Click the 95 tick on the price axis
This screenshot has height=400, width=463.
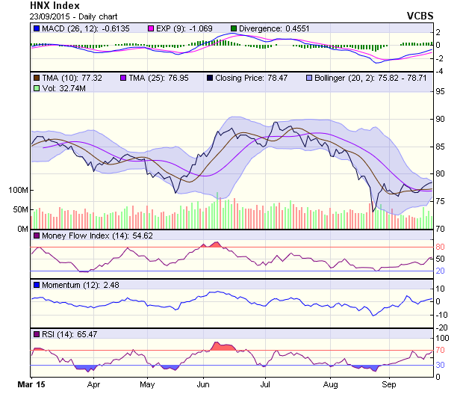[x=441, y=91]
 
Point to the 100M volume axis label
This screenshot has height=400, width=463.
[x=17, y=190]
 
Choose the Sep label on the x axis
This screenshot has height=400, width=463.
[x=388, y=387]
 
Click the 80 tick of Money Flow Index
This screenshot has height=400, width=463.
[x=441, y=247]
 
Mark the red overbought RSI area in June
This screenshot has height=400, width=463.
[x=223, y=346]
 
